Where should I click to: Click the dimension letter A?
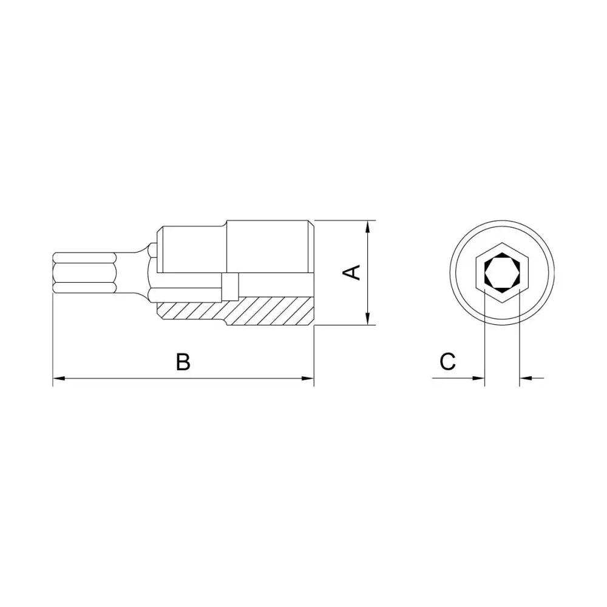click(x=351, y=273)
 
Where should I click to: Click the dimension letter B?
click(x=183, y=362)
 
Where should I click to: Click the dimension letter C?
click(x=447, y=362)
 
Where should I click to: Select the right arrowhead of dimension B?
click(x=307, y=378)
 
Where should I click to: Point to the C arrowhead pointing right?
click(x=478, y=378)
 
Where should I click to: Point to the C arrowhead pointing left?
click(x=526, y=378)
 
